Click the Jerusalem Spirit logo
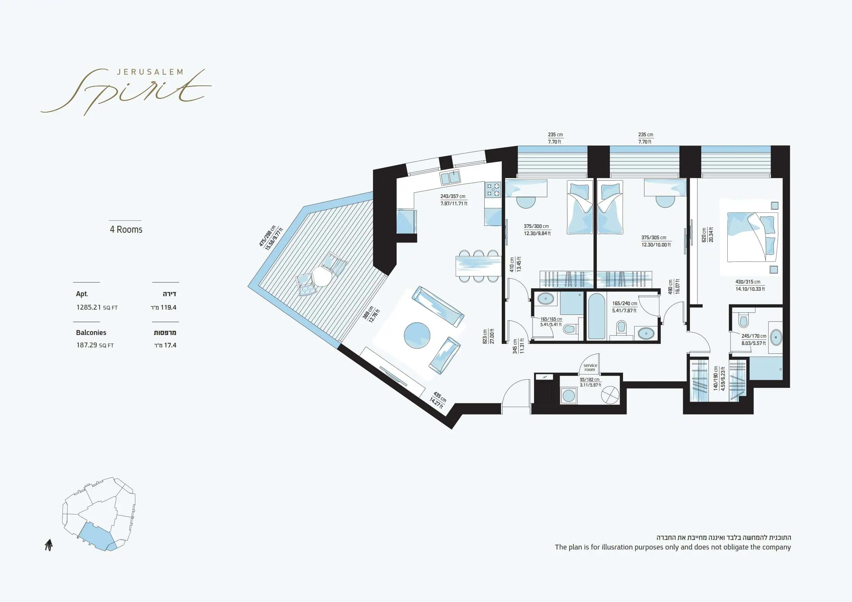click(x=126, y=91)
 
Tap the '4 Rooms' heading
click(x=126, y=230)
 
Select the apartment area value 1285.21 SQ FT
click(x=97, y=307)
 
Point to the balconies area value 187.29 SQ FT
click(x=95, y=345)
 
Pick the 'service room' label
click(x=590, y=368)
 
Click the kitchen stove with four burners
click(x=493, y=189)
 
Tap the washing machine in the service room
click(x=568, y=395)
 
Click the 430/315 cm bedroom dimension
click(x=750, y=285)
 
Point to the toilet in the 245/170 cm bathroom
click(x=743, y=321)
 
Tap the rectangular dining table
click(x=479, y=266)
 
